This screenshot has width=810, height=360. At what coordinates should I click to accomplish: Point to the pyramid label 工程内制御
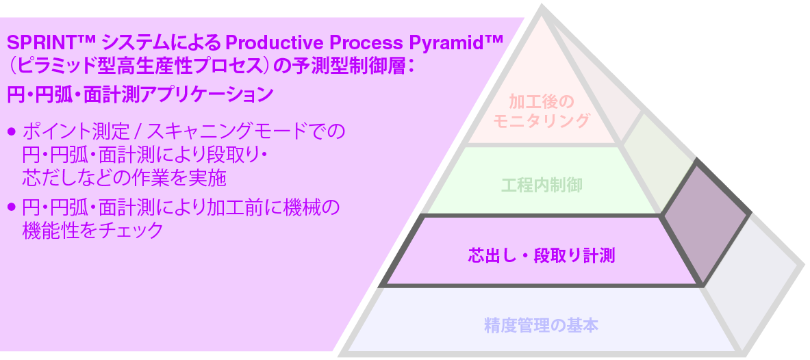tap(542, 185)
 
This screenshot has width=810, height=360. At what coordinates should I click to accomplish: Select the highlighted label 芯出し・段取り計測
tap(542, 257)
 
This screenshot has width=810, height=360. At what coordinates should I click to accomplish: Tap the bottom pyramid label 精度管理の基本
tap(541, 326)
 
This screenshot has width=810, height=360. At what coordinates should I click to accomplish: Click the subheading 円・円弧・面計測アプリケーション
tap(140, 94)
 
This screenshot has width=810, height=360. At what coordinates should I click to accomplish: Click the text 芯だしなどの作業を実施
tap(124, 179)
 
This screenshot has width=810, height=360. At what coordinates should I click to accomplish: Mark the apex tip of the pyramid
tap(542, 8)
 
